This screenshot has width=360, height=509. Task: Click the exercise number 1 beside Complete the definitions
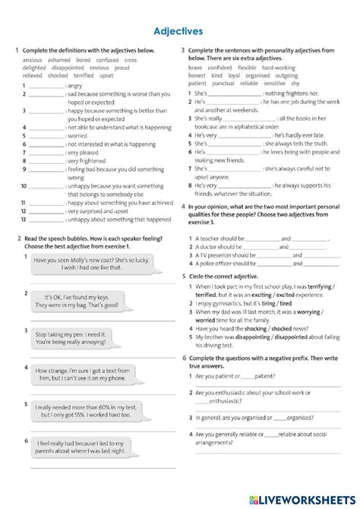click(x=17, y=50)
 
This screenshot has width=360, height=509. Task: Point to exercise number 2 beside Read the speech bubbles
click(x=17, y=239)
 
